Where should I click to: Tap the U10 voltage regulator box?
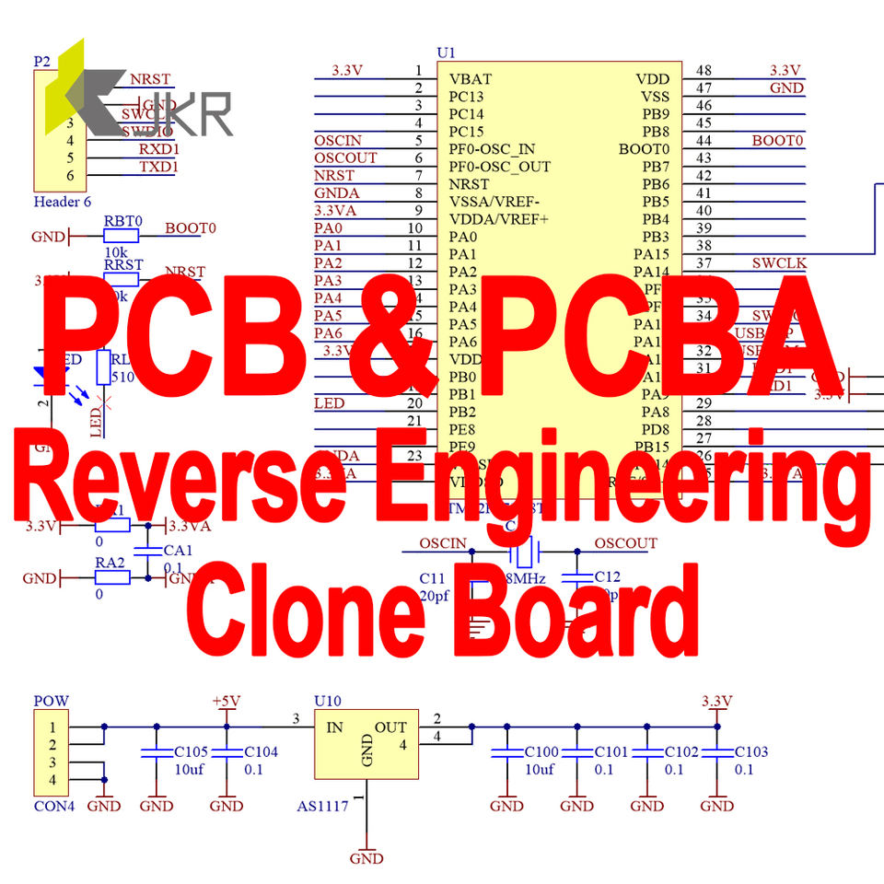(366, 743)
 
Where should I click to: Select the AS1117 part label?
(322, 807)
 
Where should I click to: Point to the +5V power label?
(226, 701)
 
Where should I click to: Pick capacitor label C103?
(750, 751)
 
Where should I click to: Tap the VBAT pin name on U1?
(470, 79)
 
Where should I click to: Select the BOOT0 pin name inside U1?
(644, 149)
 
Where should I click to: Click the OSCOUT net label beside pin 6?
(345, 157)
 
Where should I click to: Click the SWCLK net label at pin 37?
(779, 263)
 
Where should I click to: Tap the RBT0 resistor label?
(122, 221)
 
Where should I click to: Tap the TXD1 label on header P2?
(158, 167)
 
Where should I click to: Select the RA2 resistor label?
(110, 563)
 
